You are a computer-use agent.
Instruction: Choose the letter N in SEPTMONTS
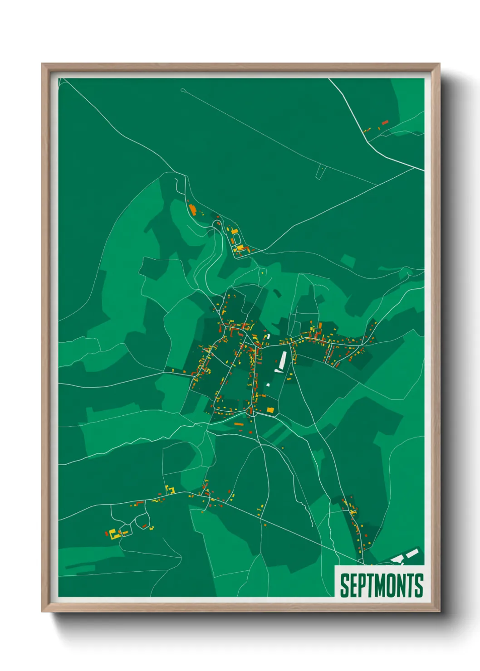[402, 585]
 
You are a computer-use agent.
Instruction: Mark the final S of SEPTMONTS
[419, 585]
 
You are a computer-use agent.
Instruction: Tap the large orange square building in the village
[270, 410]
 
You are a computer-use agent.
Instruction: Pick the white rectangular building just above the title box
[412, 553]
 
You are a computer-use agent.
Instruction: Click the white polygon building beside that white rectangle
[397, 559]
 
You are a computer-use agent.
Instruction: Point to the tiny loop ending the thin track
[183, 90]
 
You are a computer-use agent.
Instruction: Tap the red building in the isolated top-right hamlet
[385, 122]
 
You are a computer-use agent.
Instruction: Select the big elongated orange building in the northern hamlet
[192, 210]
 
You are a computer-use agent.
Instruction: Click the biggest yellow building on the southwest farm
[113, 533]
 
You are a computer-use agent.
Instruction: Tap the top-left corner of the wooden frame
[43, 64]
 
